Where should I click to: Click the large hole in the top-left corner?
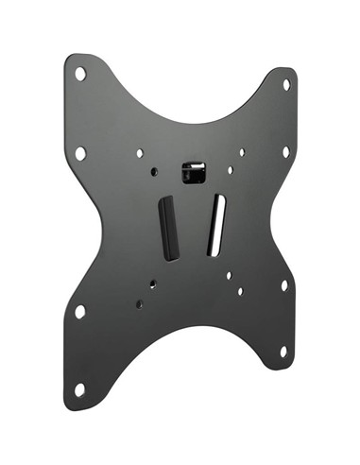pos(81,72)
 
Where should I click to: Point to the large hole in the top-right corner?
pos(287,84)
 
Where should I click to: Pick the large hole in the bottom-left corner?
pos(80,387)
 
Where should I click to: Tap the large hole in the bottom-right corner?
pos(283,352)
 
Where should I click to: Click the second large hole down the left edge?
pos(80,151)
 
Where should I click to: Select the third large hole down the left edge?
pos(80,310)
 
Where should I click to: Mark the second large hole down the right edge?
pos(286,151)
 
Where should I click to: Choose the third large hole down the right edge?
pos(283,284)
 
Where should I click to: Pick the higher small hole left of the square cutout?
pos(140,152)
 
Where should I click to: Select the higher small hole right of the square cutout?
pos(242,150)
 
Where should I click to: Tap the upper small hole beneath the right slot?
pos(228,275)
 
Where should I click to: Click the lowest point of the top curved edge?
pos(184,124)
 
